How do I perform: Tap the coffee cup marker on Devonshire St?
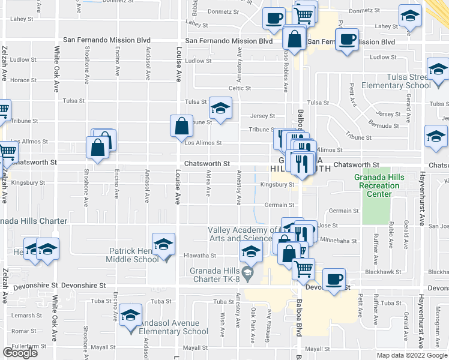(x=334, y=279)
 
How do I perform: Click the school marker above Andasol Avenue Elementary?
(x=130, y=315)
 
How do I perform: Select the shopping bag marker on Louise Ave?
(x=181, y=126)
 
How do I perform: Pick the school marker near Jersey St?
(x=220, y=109)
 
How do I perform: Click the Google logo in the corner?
(x=20, y=353)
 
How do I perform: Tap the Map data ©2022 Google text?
(x=412, y=355)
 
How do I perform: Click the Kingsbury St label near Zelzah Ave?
(x=24, y=182)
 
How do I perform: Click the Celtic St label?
(x=239, y=88)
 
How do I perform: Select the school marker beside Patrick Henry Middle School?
(x=163, y=245)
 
